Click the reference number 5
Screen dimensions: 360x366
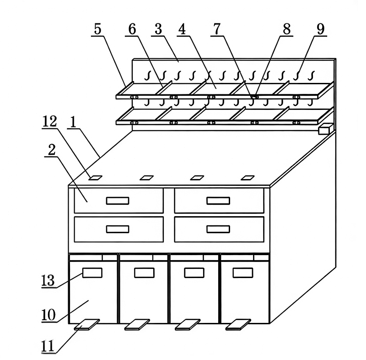[x=97, y=30]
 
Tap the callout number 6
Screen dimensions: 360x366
[x=131, y=30]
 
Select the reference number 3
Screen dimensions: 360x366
[x=158, y=30]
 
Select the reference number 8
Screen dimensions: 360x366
[x=286, y=29]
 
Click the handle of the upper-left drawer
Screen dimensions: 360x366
[x=118, y=201]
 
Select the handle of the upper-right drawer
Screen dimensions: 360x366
[x=218, y=201]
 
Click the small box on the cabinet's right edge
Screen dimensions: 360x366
[x=324, y=129]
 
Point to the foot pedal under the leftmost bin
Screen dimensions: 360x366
[x=86, y=324]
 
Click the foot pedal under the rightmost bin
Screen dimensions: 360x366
[x=238, y=325]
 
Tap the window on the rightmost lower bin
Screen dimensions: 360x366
[x=242, y=273]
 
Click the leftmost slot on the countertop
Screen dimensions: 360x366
[x=95, y=178]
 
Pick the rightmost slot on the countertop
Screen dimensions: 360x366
[x=247, y=178]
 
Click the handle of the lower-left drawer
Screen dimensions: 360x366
[x=118, y=229]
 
